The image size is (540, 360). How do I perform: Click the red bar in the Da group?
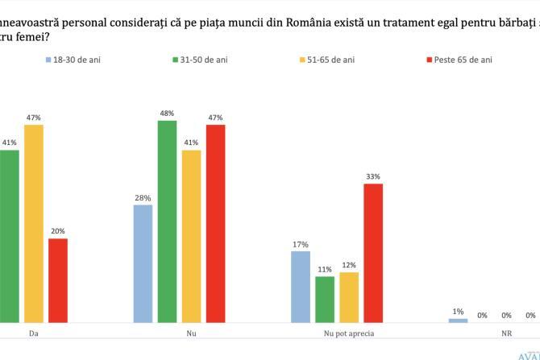58,279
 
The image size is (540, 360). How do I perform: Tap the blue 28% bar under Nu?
143,263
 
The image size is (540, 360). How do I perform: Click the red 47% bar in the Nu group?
215,223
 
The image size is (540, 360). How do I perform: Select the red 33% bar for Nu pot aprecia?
372,253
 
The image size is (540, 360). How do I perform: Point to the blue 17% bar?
300,287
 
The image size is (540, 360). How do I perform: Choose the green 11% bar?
324,299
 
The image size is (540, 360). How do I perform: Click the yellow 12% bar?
348,297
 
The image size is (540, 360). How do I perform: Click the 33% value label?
372,176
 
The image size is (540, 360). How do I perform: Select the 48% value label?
167,113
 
